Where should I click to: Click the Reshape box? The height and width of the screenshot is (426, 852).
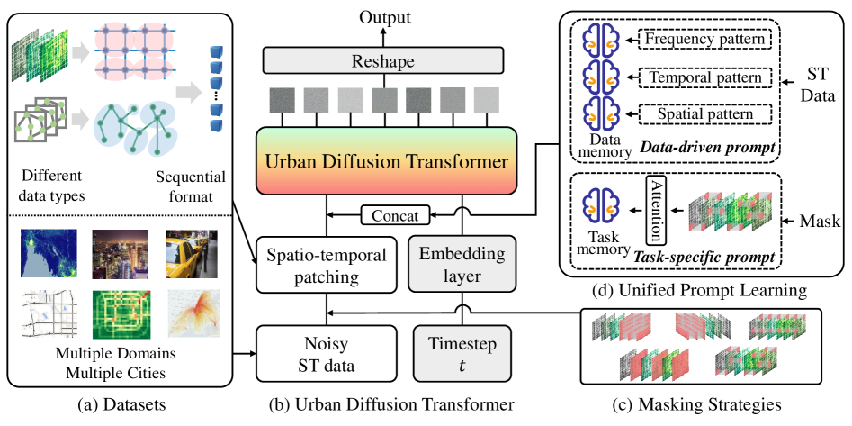tap(381, 61)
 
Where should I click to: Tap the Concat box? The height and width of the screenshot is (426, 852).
tap(393, 215)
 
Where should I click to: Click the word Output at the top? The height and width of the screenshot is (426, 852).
tap(381, 17)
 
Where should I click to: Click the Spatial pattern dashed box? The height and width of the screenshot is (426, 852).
tap(705, 115)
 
